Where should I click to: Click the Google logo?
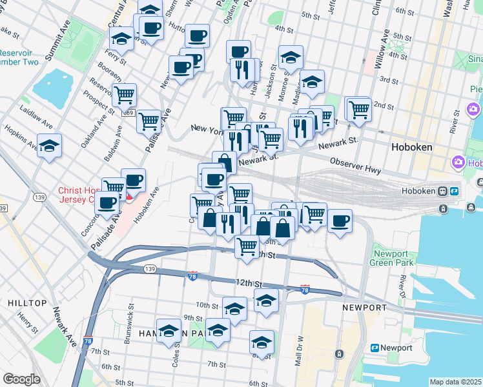click(x=21, y=379)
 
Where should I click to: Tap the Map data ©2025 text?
click(x=455, y=382)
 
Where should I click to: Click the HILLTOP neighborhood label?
click(x=26, y=303)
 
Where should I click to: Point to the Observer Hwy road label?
click(x=355, y=165)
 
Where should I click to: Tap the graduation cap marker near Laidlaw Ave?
click(x=49, y=146)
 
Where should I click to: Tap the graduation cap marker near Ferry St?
click(x=121, y=39)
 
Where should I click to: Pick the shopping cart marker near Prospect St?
click(x=124, y=95)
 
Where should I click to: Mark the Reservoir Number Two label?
click(x=19, y=57)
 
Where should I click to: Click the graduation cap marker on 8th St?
click(x=262, y=342)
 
